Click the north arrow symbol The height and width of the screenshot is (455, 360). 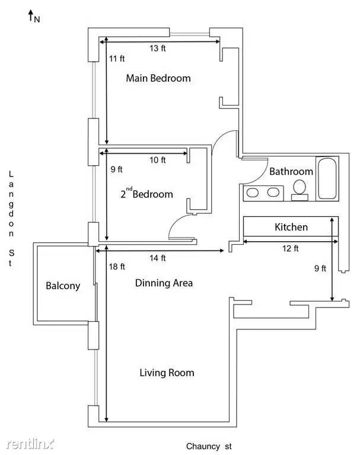30,15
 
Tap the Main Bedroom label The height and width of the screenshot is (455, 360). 158,78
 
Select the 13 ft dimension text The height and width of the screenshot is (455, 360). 158,48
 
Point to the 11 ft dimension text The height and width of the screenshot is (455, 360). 117,59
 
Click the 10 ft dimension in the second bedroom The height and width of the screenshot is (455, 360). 158,160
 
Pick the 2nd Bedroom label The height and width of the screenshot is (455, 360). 146,193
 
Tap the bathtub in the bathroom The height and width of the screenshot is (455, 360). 327,178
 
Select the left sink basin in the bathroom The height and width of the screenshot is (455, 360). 253,193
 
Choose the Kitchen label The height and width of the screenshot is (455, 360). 291,227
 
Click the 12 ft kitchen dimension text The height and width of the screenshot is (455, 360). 290,248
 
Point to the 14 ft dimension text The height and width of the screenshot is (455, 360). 158,258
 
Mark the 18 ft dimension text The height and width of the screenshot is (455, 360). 117,267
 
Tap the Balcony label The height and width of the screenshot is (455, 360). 63,286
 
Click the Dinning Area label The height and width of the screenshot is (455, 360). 164,283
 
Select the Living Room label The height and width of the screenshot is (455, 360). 167,373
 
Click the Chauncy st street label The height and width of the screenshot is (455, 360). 209,446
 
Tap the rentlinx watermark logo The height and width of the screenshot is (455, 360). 30,444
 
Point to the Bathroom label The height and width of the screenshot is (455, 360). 291,171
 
